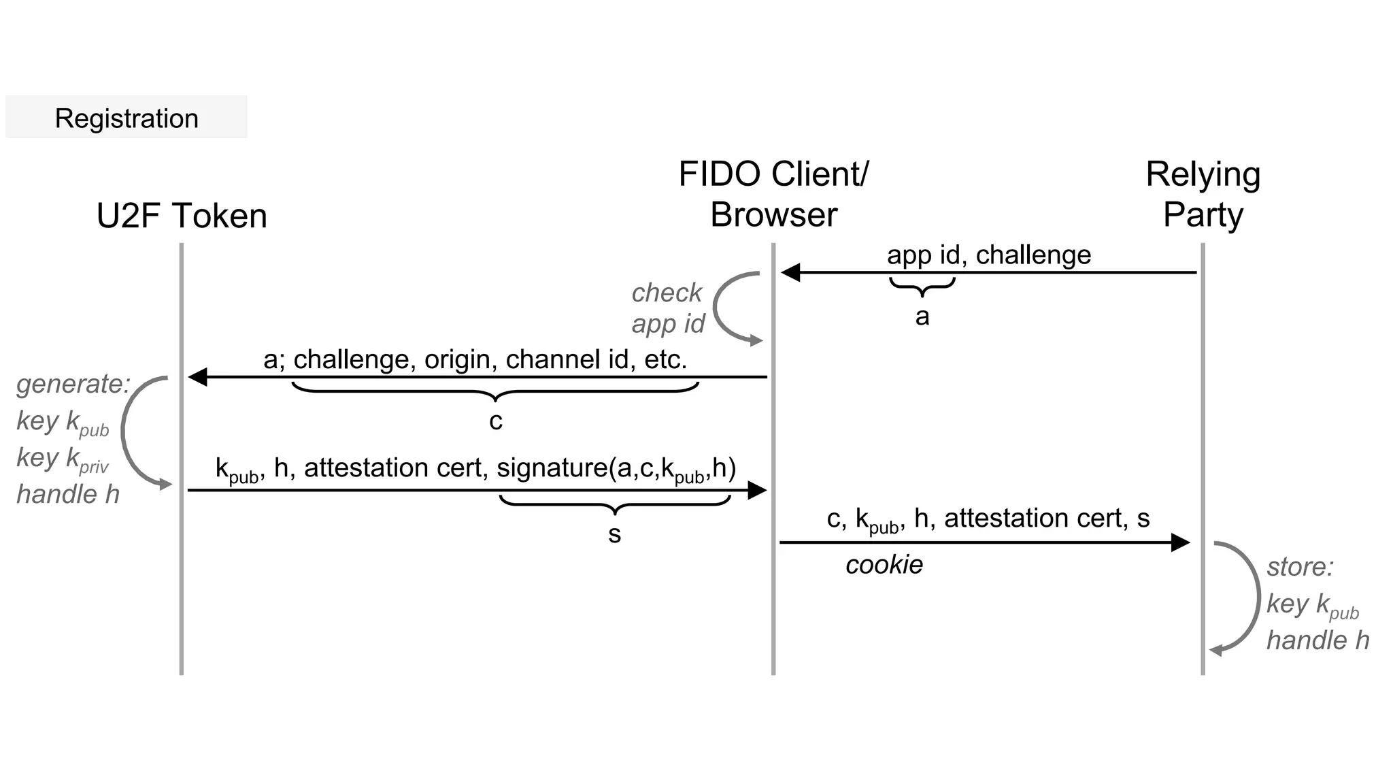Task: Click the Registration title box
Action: click(x=127, y=118)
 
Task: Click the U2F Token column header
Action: click(x=182, y=216)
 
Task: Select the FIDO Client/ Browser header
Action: click(x=773, y=195)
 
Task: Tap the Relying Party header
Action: click(x=1203, y=195)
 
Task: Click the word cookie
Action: click(x=884, y=565)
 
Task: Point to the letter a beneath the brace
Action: click(x=922, y=316)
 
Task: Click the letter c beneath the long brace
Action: click(x=496, y=421)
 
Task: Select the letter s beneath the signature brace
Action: click(x=614, y=534)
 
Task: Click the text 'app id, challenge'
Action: click(x=988, y=255)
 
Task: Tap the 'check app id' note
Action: click(x=667, y=308)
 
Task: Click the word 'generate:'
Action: click(x=73, y=384)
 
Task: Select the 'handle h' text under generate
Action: click(x=68, y=494)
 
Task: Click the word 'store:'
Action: click(x=1300, y=567)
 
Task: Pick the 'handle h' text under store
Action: click(x=1318, y=640)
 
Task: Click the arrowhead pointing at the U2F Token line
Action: click(x=197, y=376)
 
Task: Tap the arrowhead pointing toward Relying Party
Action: click(x=1180, y=542)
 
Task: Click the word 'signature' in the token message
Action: click(x=552, y=468)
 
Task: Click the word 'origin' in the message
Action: click(x=456, y=360)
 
